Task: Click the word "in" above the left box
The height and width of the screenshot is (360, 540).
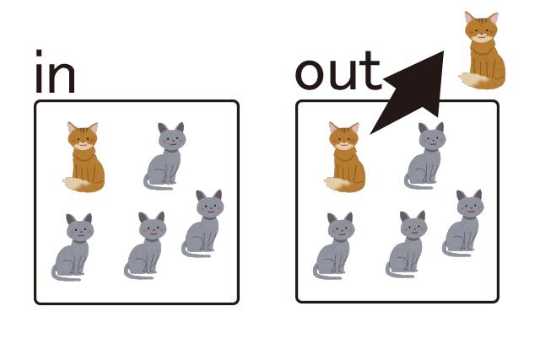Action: pyautogui.click(x=54, y=73)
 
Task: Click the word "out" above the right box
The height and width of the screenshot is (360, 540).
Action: pyautogui.click(x=337, y=73)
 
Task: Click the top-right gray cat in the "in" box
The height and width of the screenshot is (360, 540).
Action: pyautogui.click(x=165, y=155)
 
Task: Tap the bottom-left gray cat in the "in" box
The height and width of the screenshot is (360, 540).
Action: pyautogui.click(x=73, y=246)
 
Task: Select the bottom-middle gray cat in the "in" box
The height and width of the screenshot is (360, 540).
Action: pyautogui.click(x=147, y=244)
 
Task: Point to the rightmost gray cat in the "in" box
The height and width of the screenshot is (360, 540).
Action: pyautogui.click(x=203, y=223)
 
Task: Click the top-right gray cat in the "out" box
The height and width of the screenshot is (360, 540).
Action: pyautogui.click(x=427, y=155)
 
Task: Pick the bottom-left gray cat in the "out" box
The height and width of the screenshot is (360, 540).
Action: pyautogui.click(x=335, y=246)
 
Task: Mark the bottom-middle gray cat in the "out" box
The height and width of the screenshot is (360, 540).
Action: pyautogui.click(x=408, y=244)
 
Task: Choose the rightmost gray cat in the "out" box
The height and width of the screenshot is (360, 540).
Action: pyautogui.click(x=465, y=223)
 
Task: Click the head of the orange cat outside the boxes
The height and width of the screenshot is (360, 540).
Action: pyautogui.click(x=482, y=27)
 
